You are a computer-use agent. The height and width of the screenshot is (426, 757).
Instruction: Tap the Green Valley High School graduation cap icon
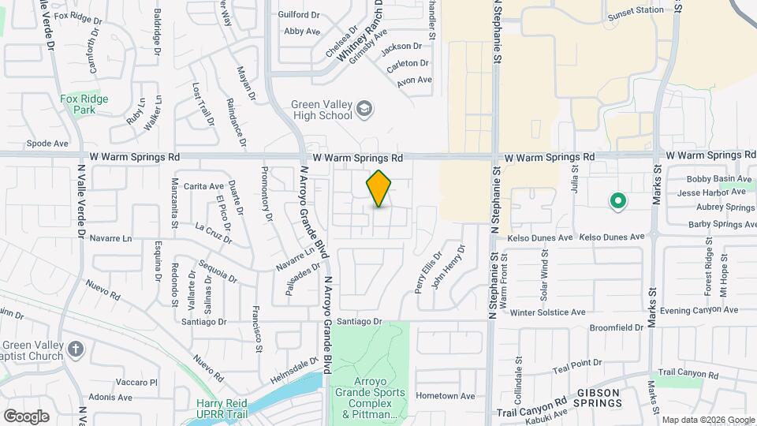364,108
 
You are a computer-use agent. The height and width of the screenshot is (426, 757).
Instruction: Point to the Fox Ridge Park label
84,104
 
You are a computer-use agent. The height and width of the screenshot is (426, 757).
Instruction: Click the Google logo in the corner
26,416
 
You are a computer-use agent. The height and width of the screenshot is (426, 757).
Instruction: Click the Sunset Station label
636,10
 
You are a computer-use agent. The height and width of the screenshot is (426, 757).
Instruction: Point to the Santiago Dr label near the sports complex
359,322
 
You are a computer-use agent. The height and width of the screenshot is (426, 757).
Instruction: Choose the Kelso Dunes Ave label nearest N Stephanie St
540,237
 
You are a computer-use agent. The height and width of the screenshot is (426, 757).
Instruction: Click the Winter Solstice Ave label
547,312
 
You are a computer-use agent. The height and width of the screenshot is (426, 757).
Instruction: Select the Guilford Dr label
299,14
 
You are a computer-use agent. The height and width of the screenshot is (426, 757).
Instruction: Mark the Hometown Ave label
446,396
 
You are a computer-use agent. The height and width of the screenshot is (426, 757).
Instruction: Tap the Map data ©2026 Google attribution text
708,420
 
